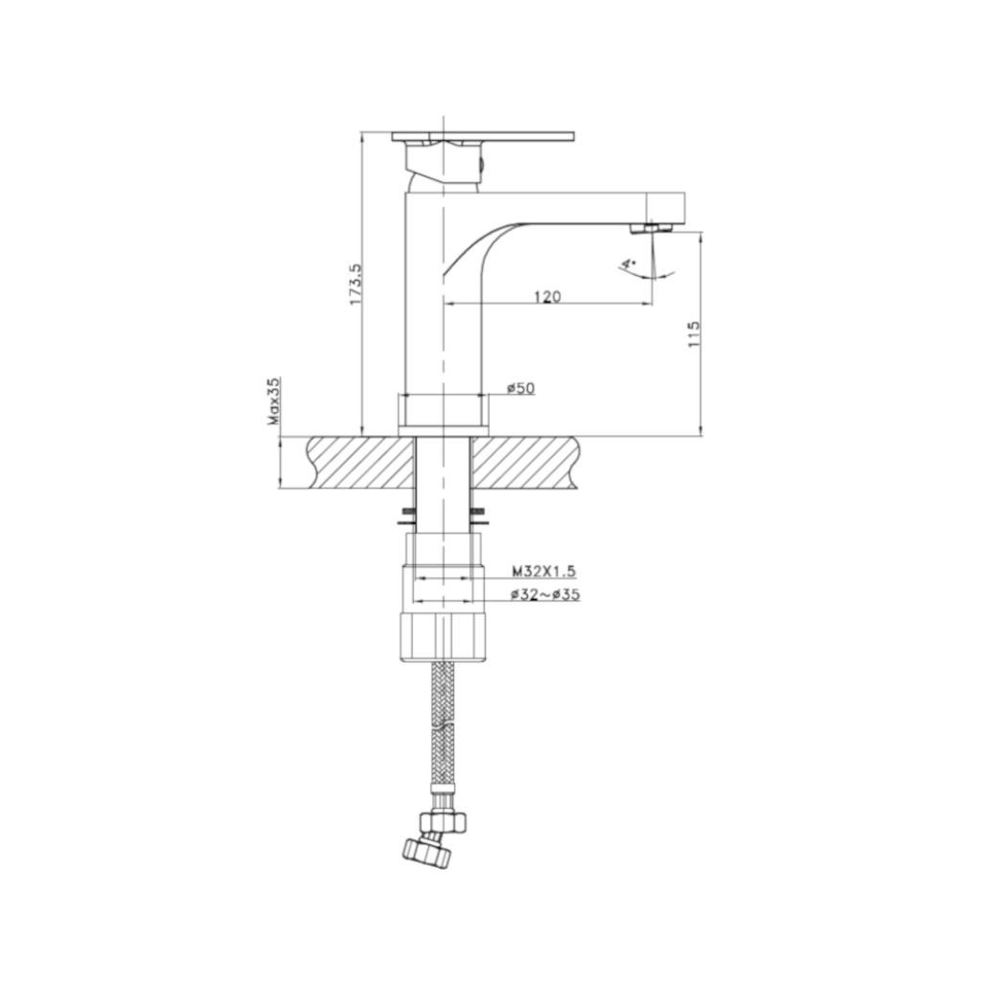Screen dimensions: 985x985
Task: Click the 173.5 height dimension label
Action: pos(355,285)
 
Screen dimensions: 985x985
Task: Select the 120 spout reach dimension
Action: pos(546,296)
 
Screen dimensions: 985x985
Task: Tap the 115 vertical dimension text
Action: pos(695,333)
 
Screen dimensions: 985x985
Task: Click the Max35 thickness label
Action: pos(273,401)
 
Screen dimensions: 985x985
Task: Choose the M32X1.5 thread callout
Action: pos(543,571)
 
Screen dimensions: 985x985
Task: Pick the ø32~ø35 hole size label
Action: pos(545,595)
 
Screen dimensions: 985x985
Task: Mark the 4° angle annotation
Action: pos(628,263)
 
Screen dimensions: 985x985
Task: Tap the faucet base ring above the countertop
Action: pos(444,410)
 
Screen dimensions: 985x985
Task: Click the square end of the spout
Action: pos(667,207)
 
